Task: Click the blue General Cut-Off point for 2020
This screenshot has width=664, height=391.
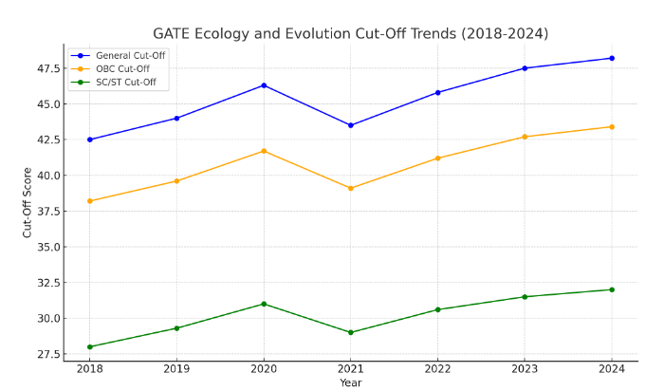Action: click(x=264, y=85)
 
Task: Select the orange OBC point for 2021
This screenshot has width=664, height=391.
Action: click(x=351, y=188)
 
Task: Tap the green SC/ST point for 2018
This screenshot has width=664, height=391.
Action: click(x=90, y=346)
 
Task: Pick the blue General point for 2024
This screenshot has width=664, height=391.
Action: click(x=612, y=58)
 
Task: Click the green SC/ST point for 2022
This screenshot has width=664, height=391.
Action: click(x=437, y=309)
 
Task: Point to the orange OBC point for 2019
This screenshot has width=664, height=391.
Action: click(x=176, y=180)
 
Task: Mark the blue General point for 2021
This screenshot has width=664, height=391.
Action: click(x=351, y=125)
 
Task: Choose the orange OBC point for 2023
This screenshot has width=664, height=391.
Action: click(x=525, y=137)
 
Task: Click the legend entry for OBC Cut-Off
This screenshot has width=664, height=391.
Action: click(x=122, y=69)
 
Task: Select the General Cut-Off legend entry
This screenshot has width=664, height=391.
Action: click(x=130, y=55)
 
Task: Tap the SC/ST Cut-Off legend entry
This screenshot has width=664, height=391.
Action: click(x=126, y=83)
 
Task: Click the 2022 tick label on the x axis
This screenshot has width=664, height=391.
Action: click(x=437, y=369)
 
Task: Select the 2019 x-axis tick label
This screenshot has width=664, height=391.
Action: click(x=176, y=369)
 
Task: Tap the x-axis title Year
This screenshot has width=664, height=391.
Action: click(x=351, y=382)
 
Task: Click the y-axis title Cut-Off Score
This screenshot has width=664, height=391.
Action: click(x=28, y=202)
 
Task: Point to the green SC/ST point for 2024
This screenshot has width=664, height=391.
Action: click(x=612, y=289)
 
